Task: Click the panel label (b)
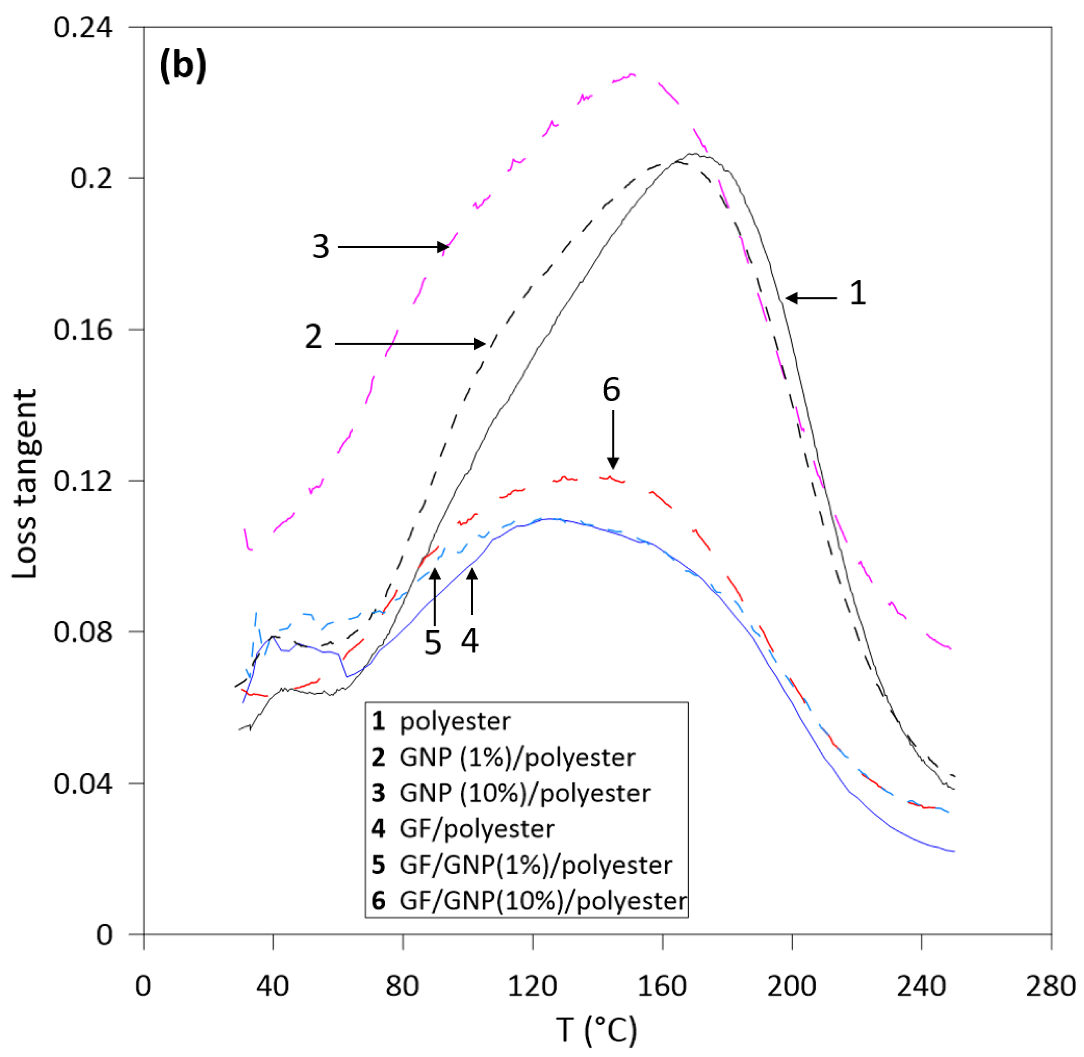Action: [x=183, y=66]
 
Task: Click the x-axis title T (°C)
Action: [x=597, y=1030]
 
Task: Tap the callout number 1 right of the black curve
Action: [x=857, y=293]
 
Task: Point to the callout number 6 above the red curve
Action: [x=611, y=390]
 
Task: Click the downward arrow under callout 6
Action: [x=613, y=439]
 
